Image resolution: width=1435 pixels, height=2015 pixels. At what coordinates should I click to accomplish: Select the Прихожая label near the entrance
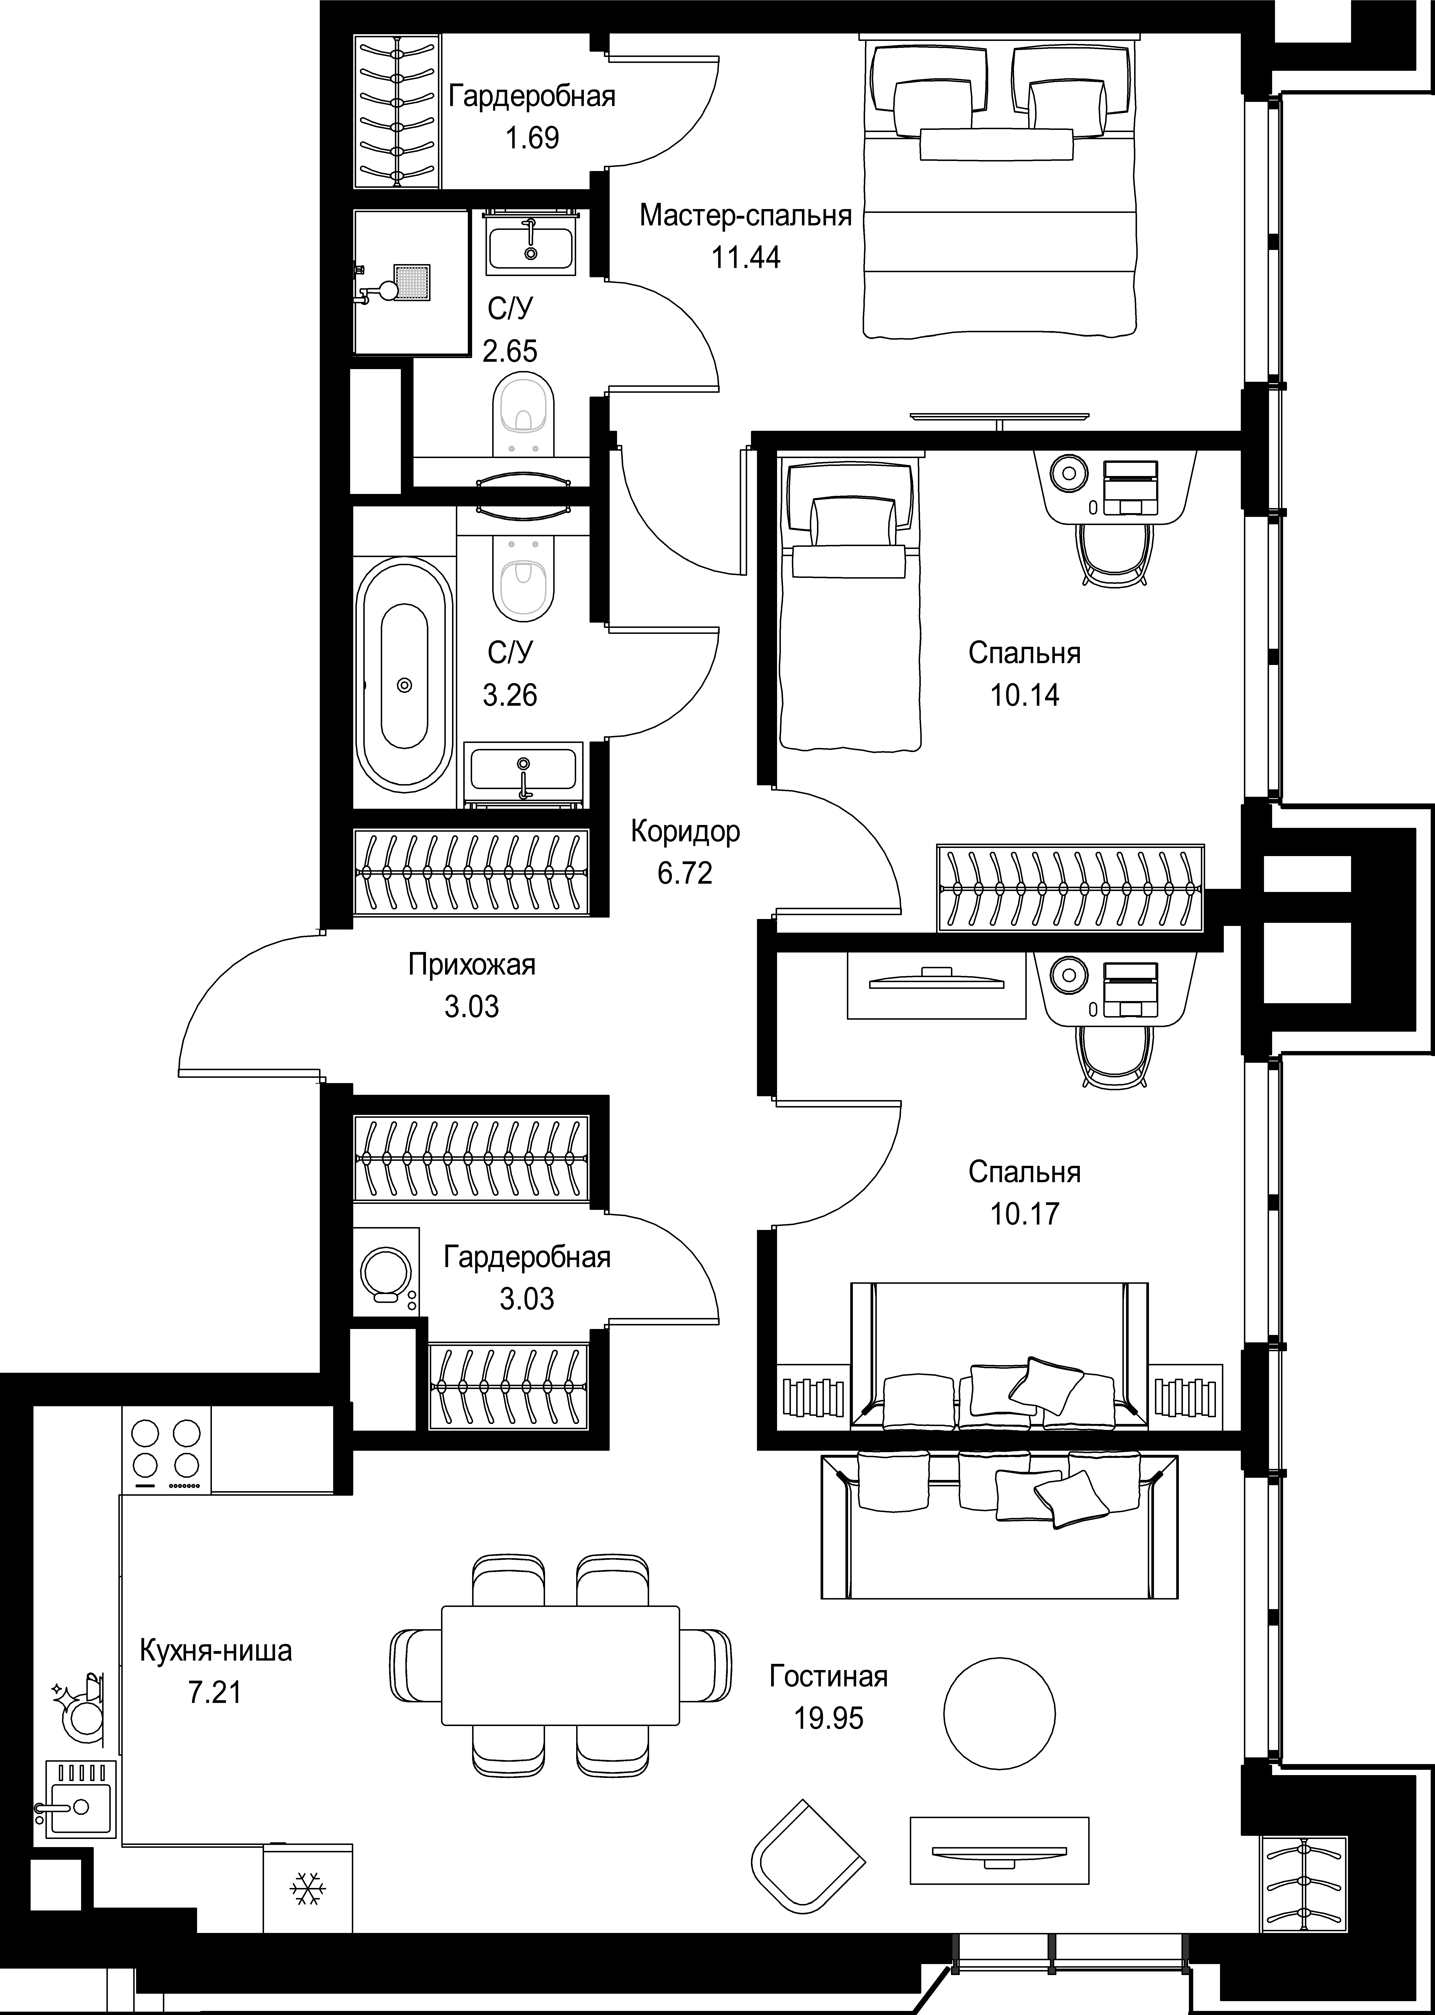tap(472, 964)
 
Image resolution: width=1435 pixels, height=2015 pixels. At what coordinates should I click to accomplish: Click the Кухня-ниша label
tap(215, 1649)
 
